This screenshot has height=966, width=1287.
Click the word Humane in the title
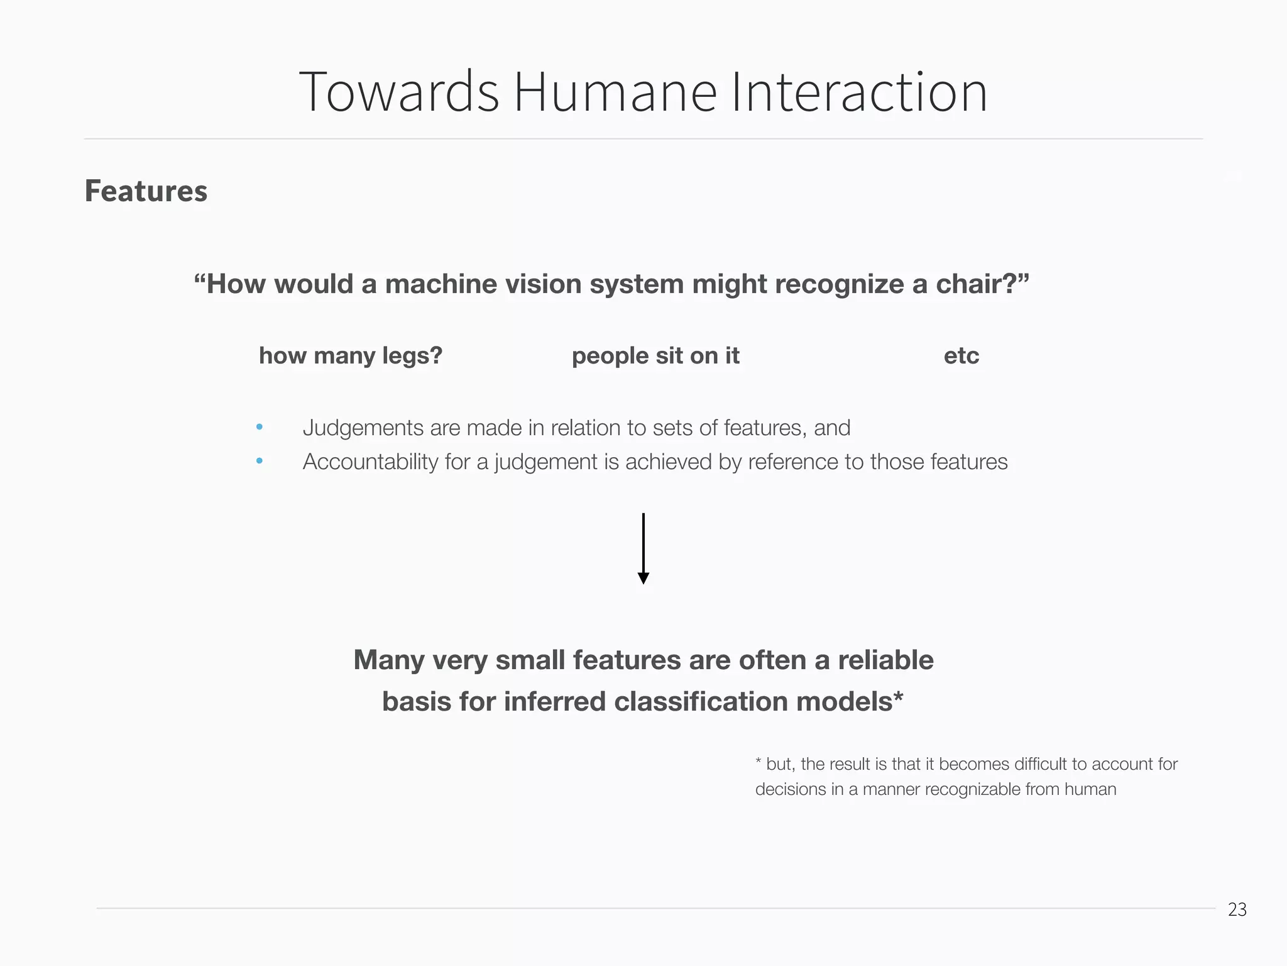click(x=615, y=92)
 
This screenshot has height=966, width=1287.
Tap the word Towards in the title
click(x=399, y=92)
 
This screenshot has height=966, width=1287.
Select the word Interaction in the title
click(x=859, y=92)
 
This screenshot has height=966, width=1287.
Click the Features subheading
click(x=146, y=191)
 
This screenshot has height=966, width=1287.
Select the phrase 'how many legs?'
click(x=351, y=356)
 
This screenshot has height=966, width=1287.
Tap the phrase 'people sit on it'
click(x=655, y=356)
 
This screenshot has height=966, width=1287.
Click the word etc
click(x=961, y=356)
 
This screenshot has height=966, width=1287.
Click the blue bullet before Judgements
click(x=260, y=428)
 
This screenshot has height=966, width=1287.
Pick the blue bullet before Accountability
click(x=260, y=462)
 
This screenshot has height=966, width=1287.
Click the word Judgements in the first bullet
click(x=363, y=428)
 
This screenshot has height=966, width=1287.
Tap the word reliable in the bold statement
click(x=885, y=660)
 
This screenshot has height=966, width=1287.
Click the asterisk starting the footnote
click(x=759, y=763)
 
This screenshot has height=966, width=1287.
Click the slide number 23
click(x=1237, y=909)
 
